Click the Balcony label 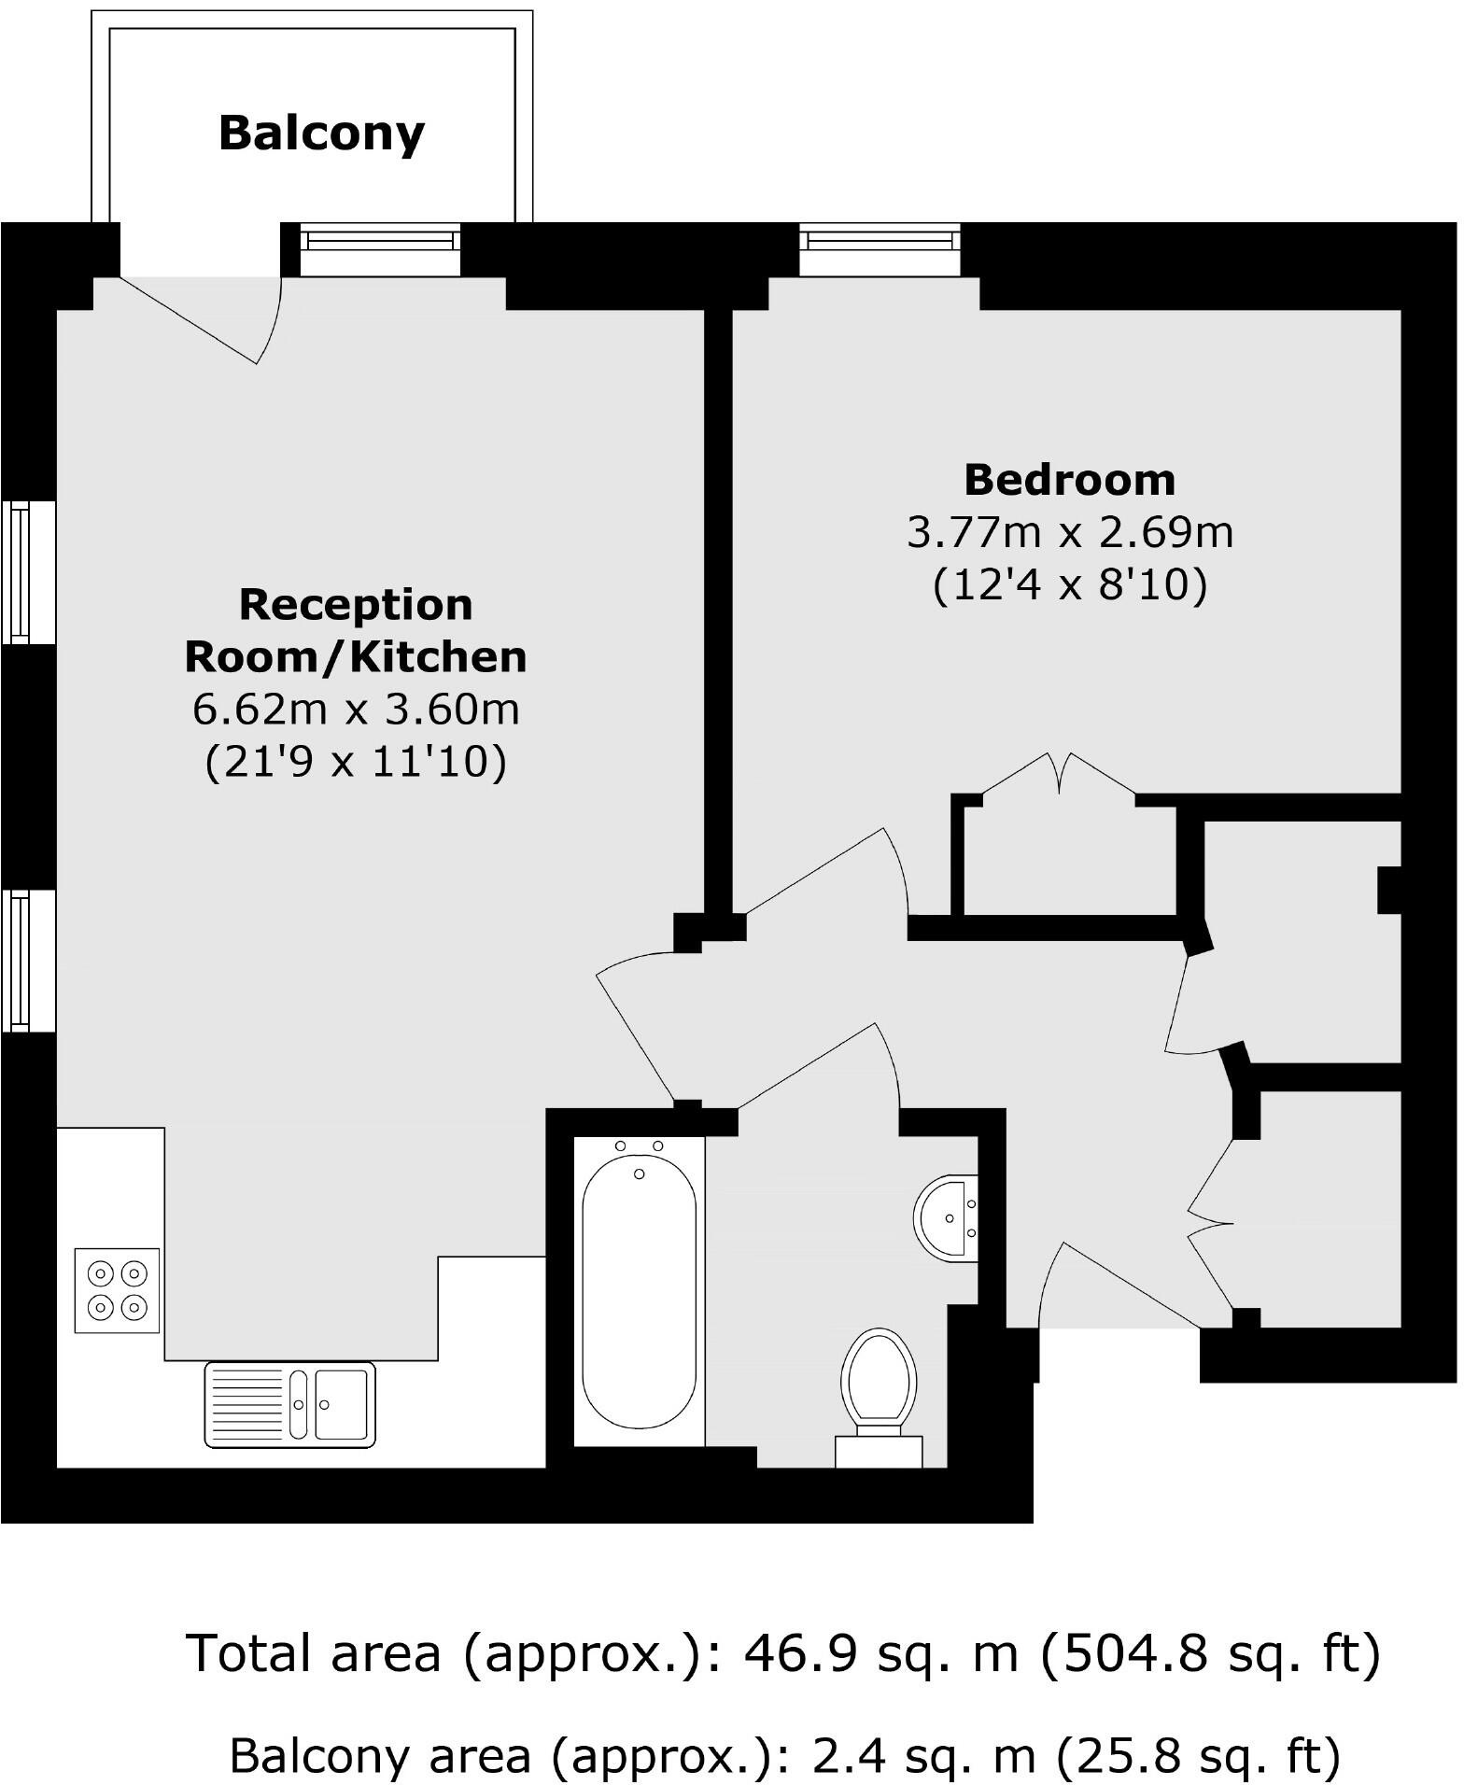click(x=321, y=134)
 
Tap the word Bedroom click(x=1069, y=480)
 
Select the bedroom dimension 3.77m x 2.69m click(x=1069, y=533)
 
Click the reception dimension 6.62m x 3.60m click(x=355, y=710)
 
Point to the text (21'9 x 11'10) click(x=355, y=763)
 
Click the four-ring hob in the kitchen click(x=117, y=1290)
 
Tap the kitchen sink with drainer click(x=289, y=1404)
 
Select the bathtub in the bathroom click(x=639, y=1292)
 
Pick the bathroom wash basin click(x=947, y=1217)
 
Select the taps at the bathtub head click(x=639, y=1145)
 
